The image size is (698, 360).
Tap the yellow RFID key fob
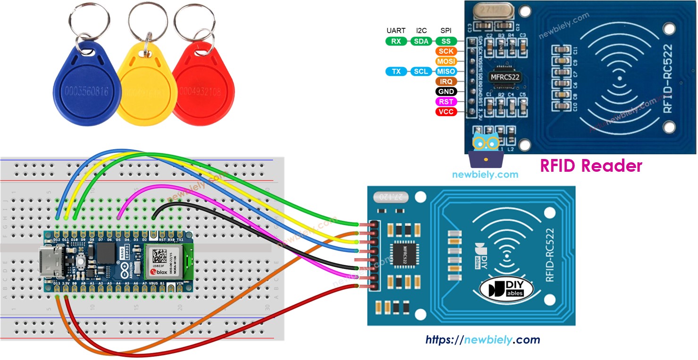pyautogui.click(x=142, y=92)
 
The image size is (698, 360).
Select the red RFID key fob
pyautogui.click(x=203, y=90)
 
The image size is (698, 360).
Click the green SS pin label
pyautogui.click(x=446, y=42)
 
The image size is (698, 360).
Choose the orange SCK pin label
pyautogui.click(x=446, y=51)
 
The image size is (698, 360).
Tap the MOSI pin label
pyautogui.click(x=446, y=61)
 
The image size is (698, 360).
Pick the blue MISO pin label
pyautogui.click(x=446, y=72)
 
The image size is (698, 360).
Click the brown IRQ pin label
pyautogui.click(x=446, y=82)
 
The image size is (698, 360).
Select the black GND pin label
pyautogui.click(x=446, y=92)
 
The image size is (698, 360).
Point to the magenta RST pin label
pyautogui.click(x=446, y=102)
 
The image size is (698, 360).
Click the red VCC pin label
pyautogui.click(x=446, y=112)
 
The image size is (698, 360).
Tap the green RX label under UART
pyautogui.click(x=396, y=42)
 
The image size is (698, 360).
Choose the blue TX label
pyautogui.click(x=396, y=72)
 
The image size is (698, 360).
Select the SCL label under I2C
pyautogui.click(x=420, y=72)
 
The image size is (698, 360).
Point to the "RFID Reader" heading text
pyautogui.click(x=591, y=166)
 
